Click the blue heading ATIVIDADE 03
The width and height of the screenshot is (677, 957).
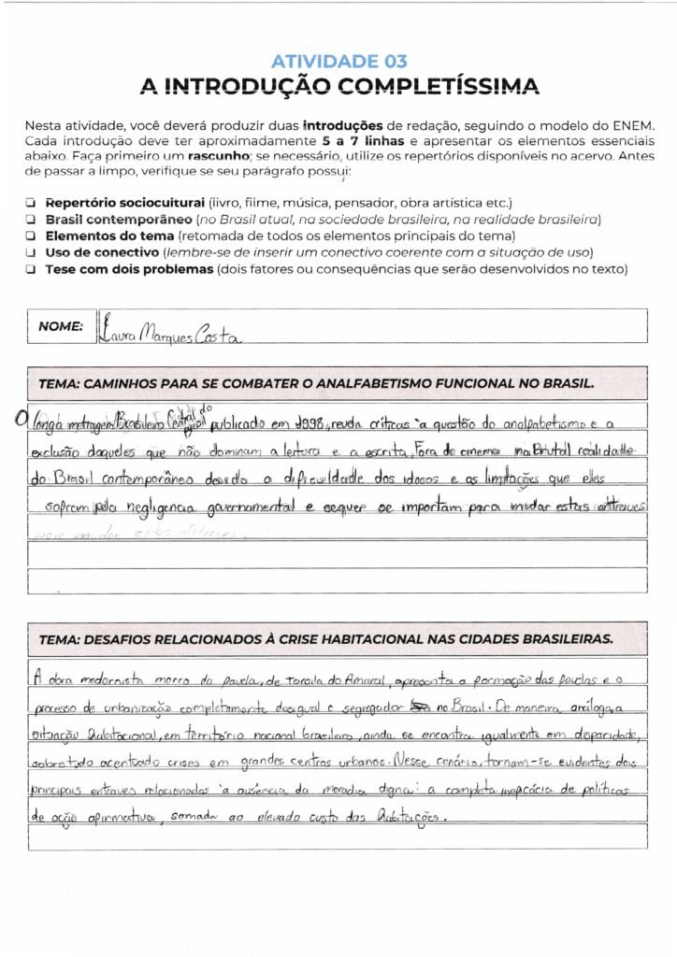pyautogui.click(x=338, y=62)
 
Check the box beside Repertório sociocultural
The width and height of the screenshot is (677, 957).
pyautogui.click(x=31, y=202)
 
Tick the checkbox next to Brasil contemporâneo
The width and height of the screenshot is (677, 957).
pyautogui.click(x=31, y=219)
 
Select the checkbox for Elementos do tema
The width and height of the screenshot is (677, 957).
pyautogui.click(x=31, y=236)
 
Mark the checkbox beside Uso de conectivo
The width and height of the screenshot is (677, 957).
pyautogui.click(x=31, y=252)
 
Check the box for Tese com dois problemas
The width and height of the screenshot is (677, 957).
pyautogui.click(x=31, y=269)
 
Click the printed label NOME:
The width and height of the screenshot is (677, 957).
pyautogui.click(x=61, y=326)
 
